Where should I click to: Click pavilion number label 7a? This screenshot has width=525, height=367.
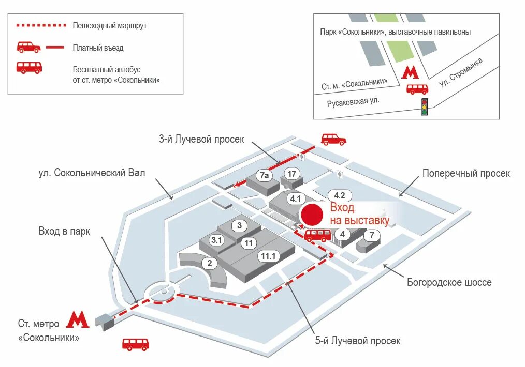click(x=265, y=176)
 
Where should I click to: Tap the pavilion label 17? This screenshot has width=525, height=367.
click(x=292, y=174)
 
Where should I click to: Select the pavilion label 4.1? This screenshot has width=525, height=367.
click(x=296, y=198)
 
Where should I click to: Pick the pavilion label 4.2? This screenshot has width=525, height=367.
click(x=340, y=195)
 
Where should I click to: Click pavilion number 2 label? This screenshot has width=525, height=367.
click(x=209, y=263)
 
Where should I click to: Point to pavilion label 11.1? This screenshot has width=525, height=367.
click(x=269, y=255)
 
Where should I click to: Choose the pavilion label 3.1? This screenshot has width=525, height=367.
click(x=216, y=240)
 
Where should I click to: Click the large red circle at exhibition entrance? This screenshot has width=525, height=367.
click(x=313, y=216)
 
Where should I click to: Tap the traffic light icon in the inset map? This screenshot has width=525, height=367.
click(x=425, y=106)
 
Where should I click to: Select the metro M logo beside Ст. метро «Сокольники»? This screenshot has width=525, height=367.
click(x=78, y=319)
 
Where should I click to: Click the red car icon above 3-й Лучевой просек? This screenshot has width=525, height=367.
click(x=333, y=139)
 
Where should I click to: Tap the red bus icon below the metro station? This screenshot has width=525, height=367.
click(x=136, y=344)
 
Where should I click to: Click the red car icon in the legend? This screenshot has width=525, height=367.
click(x=28, y=47)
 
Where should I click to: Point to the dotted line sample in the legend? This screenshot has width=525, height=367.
click(x=41, y=25)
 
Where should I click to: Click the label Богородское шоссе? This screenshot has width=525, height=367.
click(x=449, y=282)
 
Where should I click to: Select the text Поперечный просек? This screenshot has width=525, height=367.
click(x=466, y=173)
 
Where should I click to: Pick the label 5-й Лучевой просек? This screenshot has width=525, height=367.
click(x=358, y=341)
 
